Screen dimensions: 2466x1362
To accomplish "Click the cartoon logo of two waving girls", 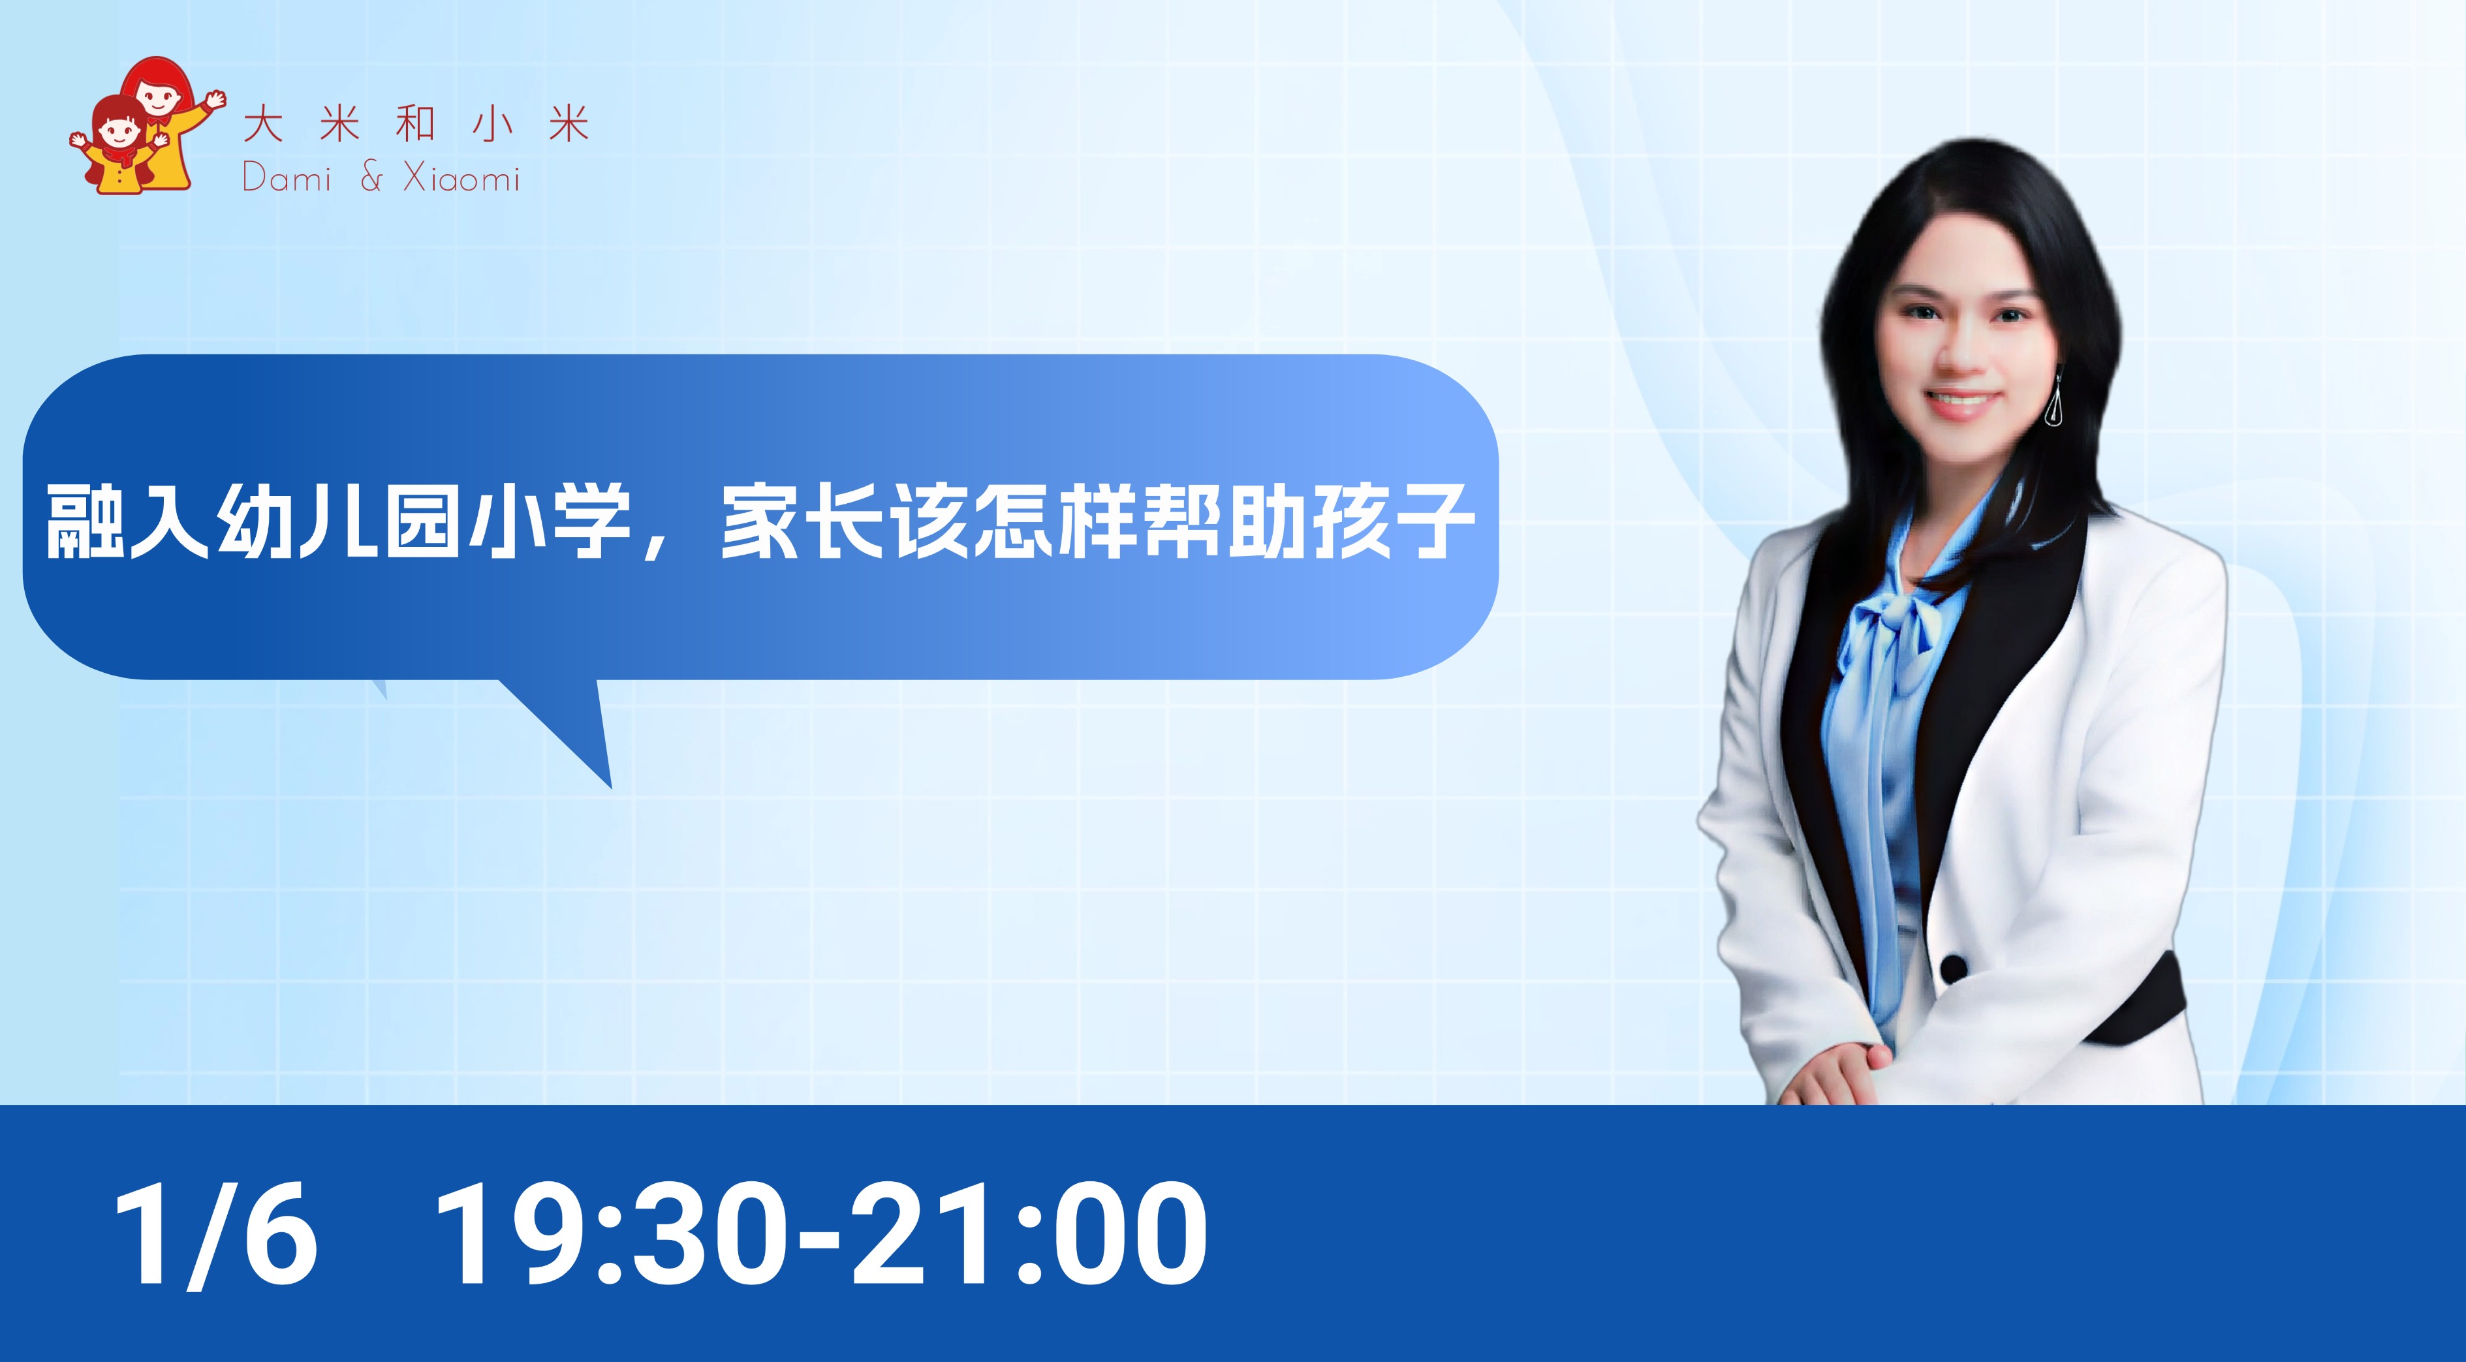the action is pyautogui.click(x=146, y=127).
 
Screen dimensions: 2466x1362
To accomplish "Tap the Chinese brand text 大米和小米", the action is pyautogui.click(x=416, y=125).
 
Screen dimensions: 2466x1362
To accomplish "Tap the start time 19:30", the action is pyautogui.click(x=614, y=1233).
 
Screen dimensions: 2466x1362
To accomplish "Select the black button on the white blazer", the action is pyautogui.click(x=1953, y=970).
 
